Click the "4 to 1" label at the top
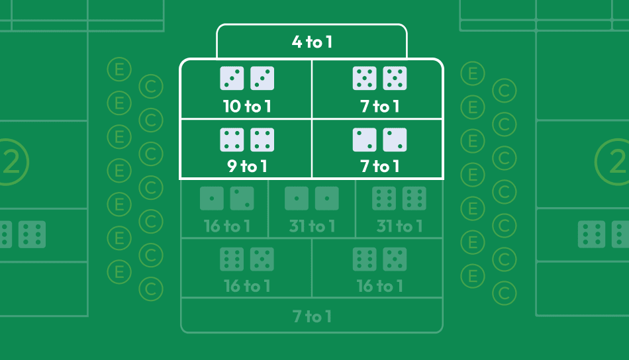[x=312, y=42]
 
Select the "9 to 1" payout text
[x=246, y=166]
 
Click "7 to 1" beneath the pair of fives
[x=379, y=106]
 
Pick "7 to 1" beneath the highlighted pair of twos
[x=379, y=166]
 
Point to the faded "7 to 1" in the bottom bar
[x=312, y=316]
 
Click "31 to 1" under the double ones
[x=311, y=226]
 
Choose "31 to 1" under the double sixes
[x=399, y=226]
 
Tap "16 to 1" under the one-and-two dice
[x=227, y=226]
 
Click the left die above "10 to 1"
[x=232, y=78]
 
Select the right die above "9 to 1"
[x=262, y=140]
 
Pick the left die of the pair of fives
[x=364, y=78]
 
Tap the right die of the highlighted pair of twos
[x=395, y=140]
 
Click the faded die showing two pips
[x=242, y=199]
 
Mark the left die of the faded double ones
[x=297, y=199]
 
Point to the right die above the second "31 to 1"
[x=414, y=199]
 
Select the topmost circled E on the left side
[x=119, y=69]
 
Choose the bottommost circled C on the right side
[x=505, y=292]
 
